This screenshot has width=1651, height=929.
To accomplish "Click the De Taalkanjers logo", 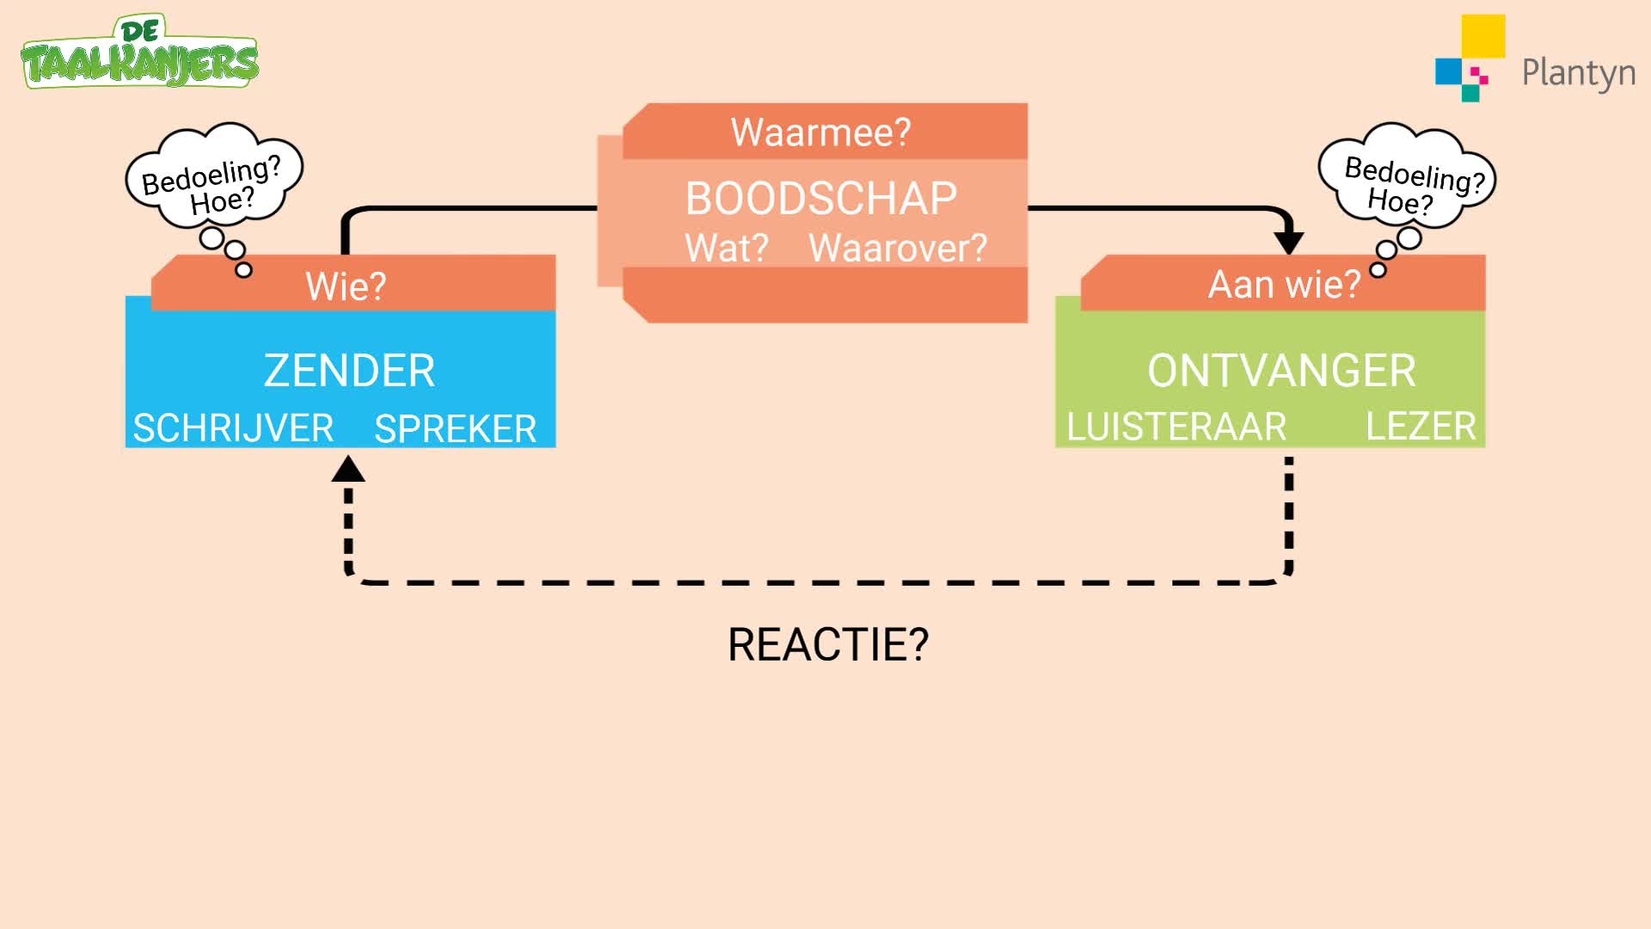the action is coord(139,52).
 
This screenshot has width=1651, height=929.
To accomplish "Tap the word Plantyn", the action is coord(1579,73).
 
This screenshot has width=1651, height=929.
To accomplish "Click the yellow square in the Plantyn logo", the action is coord(1483,35).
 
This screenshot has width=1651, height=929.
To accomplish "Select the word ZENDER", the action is coord(349,371).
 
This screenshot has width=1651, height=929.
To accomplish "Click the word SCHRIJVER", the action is coord(233,428).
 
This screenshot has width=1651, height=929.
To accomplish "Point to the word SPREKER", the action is coord(456,428).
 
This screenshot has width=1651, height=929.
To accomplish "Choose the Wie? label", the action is coord(346,286).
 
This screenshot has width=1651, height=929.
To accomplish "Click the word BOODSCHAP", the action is coord(821,199).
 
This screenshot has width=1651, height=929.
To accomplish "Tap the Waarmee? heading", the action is coord(820,132).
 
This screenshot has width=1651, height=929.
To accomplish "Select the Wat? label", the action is coord(727,248).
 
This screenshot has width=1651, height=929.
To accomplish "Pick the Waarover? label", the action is coord(898,248).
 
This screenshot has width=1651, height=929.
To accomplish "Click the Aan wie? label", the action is coord(1284,285).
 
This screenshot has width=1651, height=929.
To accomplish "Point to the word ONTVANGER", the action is coord(1281,371).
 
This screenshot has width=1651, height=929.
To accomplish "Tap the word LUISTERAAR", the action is coord(1176,427).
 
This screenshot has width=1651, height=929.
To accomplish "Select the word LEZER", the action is coord(1421,427).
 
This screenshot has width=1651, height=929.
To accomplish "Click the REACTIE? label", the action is coord(828,644).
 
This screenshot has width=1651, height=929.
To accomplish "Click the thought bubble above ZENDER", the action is coord(215,177).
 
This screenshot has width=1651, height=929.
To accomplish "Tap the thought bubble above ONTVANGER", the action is coord(1408,177).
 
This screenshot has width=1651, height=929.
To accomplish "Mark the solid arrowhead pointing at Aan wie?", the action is coord(1288,243).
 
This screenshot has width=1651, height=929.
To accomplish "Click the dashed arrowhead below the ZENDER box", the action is coord(348,469).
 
